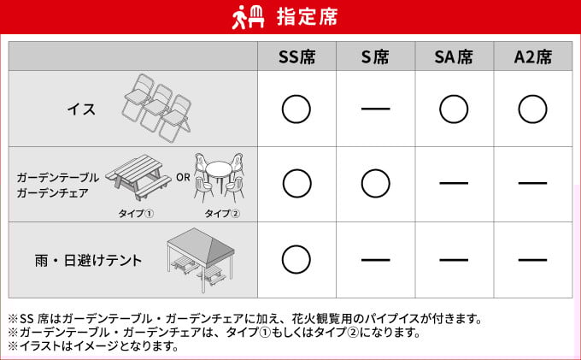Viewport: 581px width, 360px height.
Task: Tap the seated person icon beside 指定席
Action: click(249, 16)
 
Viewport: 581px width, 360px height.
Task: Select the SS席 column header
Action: click(296, 57)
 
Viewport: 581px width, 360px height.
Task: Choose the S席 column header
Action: click(375, 57)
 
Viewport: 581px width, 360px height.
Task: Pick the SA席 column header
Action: click(454, 57)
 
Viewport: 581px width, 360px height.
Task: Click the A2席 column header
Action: click(532, 57)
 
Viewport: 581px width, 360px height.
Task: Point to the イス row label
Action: click(81, 109)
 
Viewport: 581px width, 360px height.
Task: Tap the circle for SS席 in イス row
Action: click(296, 109)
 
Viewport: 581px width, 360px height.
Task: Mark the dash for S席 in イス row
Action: click(375, 109)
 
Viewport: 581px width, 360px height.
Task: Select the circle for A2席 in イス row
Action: click(532, 109)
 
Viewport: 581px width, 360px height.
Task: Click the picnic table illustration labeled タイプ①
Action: click(138, 177)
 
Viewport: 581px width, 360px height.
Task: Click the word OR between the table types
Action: click(182, 178)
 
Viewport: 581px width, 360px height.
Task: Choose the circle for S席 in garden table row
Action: click(375, 183)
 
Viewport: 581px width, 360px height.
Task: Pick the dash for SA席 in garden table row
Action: click(454, 183)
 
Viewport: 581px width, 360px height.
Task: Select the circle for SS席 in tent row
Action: click(296, 258)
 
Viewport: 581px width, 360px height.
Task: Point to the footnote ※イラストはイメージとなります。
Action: click(94, 346)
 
